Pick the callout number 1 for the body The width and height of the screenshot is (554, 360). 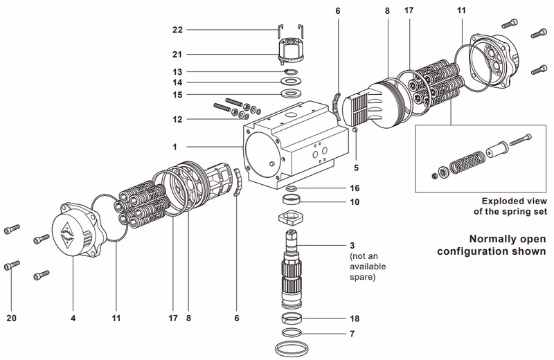(x=176, y=147)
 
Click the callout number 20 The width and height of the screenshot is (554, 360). (x=11, y=318)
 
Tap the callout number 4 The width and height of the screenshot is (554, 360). (x=73, y=318)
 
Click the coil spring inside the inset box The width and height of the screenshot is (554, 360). (x=464, y=165)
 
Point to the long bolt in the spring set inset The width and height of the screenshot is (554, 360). (x=520, y=144)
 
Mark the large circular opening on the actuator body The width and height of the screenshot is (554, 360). (x=262, y=153)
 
